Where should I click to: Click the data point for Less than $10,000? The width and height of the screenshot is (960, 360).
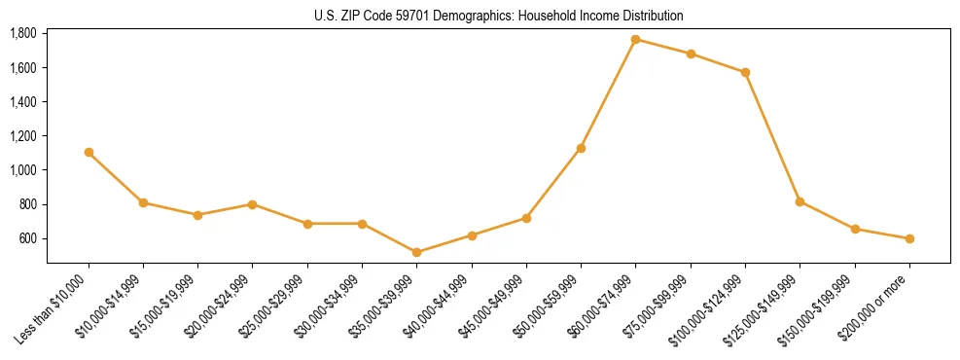(x=89, y=152)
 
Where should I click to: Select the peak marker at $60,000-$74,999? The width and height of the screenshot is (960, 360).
(x=635, y=39)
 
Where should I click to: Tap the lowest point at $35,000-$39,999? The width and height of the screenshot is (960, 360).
(x=416, y=252)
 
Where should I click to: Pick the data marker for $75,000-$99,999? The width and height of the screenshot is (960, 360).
(x=691, y=54)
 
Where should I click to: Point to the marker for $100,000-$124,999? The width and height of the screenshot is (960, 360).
(x=745, y=72)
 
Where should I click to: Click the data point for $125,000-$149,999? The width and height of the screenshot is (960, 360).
(x=800, y=201)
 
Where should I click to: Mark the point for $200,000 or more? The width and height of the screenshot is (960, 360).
(x=909, y=238)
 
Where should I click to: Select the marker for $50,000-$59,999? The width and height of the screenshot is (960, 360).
(x=581, y=148)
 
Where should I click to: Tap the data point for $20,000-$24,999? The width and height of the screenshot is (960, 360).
(x=252, y=204)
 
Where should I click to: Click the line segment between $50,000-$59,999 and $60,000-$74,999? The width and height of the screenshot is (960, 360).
(x=608, y=93)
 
